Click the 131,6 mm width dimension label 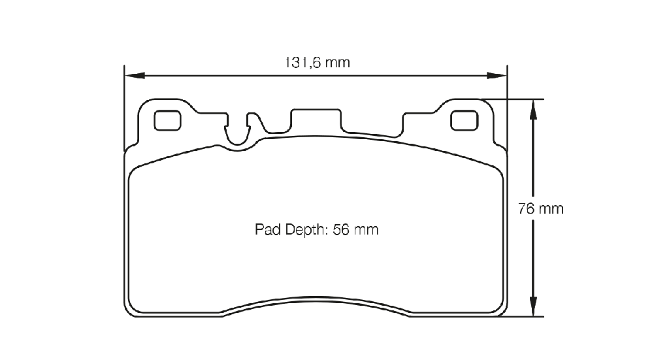point(318,63)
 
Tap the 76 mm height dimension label point(540,208)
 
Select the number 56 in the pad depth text point(341,229)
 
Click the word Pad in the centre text point(268,229)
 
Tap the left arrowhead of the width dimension point(135,76)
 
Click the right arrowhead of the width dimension point(497,76)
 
